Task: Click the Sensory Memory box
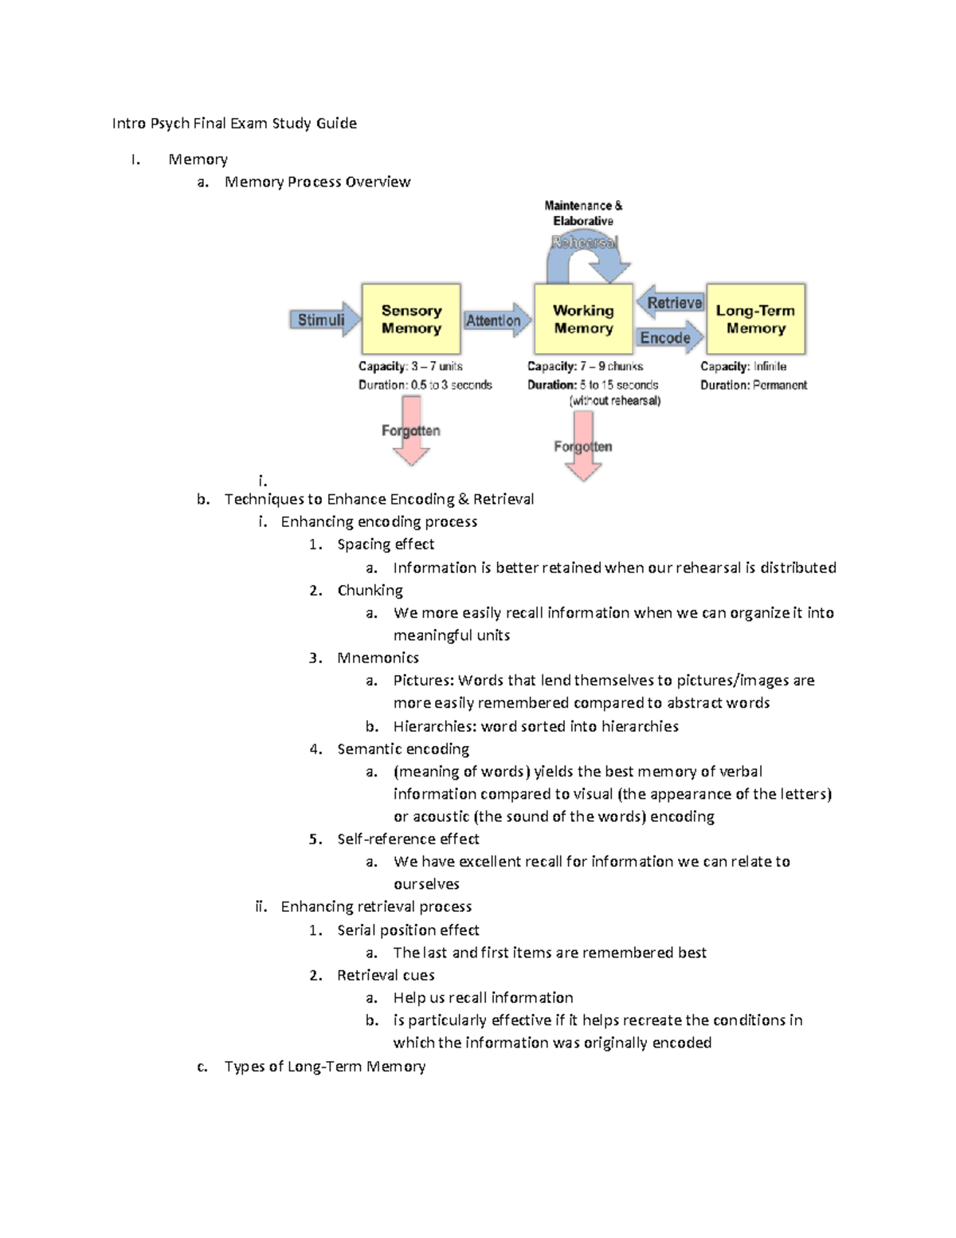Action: pyautogui.click(x=411, y=319)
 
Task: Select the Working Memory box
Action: pyautogui.click(x=583, y=319)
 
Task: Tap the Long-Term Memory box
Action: pyautogui.click(x=755, y=319)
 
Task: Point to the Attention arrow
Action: pyautogui.click(x=496, y=320)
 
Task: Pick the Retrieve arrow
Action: pyautogui.click(x=671, y=303)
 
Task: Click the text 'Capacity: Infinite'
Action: pyautogui.click(x=743, y=367)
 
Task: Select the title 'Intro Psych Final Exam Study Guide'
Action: pyautogui.click(x=234, y=124)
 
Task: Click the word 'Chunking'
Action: pyautogui.click(x=370, y=591)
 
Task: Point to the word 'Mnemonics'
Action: pyautogui.click(x=378, y=658)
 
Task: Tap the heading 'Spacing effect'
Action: pyautogui.click(x=386, y=544)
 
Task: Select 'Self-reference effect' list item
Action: pyautogui.click(x=408, y=839)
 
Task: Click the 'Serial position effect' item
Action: pyautogui.click(x=408, y=930)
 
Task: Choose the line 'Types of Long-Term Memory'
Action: pyautogui.click(x=324, y=1067)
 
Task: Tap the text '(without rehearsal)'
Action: pyautogui.click(x=615, y=401)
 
